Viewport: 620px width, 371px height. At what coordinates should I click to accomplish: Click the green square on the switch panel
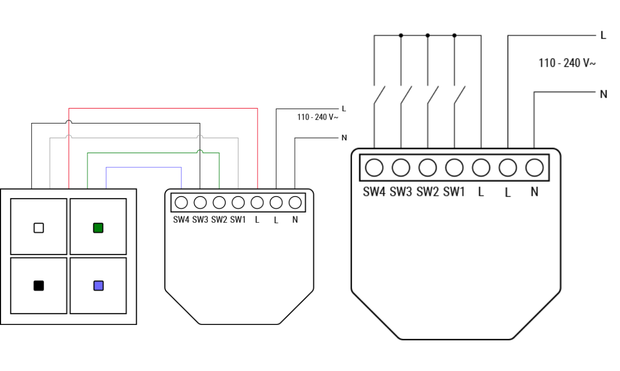click(98, 228)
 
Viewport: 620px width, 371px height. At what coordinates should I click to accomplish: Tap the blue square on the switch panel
click(98, 286)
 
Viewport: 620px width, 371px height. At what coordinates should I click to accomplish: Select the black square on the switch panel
click(39, 286)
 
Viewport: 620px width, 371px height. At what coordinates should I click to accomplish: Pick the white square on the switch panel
click(39, 228)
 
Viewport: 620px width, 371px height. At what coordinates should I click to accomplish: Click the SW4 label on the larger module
click(374, 192)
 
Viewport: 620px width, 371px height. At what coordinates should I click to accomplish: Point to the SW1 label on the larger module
click(454, 192)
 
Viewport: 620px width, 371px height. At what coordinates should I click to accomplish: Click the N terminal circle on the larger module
click(534, 167)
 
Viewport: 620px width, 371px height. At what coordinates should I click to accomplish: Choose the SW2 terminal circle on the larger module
click(428, 167)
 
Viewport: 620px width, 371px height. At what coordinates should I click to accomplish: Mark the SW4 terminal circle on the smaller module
click(181, 202)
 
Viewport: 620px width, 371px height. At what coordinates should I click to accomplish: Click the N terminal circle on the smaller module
click(295, 202)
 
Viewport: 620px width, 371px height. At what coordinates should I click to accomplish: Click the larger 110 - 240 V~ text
click(567, 63)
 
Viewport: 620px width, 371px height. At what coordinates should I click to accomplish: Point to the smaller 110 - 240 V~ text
click(317, 117)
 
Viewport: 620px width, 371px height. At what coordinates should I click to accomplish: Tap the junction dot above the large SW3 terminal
click(401, 36)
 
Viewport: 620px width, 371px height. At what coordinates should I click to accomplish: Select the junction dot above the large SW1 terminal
click(454, 36)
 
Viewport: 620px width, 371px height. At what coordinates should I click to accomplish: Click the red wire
click(163, 109)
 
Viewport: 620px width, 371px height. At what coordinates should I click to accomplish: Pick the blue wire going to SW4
click(144, 167)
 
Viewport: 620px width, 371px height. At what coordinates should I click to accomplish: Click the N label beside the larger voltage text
click(603, 95)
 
